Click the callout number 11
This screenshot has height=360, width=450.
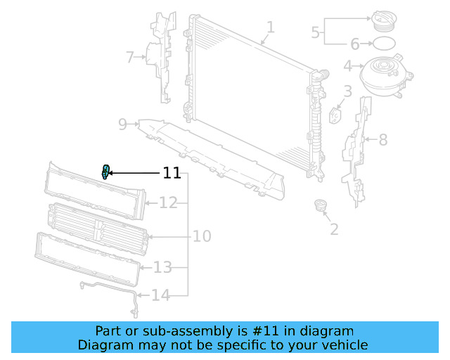point(172,173)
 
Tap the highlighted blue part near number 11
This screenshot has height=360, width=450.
point(105,171)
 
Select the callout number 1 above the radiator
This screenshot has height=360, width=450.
point(270,27)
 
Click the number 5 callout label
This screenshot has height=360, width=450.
point(316,32)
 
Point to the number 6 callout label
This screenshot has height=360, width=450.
point(355,44)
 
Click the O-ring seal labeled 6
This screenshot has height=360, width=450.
point(382,44)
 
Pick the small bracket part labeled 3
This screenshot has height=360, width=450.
point(335,114)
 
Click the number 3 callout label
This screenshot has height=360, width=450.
point(347,91)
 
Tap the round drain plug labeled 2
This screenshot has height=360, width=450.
point(321,207)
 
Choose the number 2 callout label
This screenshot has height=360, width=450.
point(333,229)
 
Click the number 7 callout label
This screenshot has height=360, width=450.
point(129,57)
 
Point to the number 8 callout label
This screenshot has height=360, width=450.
point(383,140)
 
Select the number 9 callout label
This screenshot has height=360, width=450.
point(122,124)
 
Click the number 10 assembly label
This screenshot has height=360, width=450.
point(202,236)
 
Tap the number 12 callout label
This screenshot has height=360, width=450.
point(168,203)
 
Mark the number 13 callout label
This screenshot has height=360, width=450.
point(162,267)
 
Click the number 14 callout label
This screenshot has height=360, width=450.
point(161,295)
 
